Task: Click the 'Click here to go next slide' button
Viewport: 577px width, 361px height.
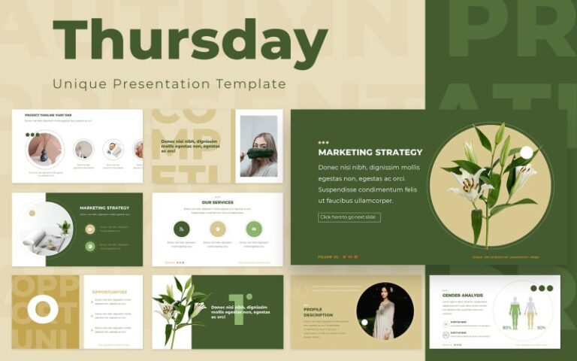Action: pos(349,217)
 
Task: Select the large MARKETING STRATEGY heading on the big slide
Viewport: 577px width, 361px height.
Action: pos(370,152)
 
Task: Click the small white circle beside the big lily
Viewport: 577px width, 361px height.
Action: pos(526,153)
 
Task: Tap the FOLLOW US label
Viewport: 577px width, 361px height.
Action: pos(328,256)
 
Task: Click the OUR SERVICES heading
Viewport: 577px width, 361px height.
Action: pos(217,202)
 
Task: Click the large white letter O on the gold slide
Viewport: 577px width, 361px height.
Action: pos(43,309)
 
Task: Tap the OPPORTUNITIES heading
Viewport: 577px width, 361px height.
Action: pos(110,292)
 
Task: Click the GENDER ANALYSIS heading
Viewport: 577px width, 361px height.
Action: pos(463,296)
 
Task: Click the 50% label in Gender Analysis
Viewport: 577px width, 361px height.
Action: pos(541,328)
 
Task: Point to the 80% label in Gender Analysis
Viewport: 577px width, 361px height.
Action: pos(507,328)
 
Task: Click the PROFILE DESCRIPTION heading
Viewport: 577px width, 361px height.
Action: pos(313,311)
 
